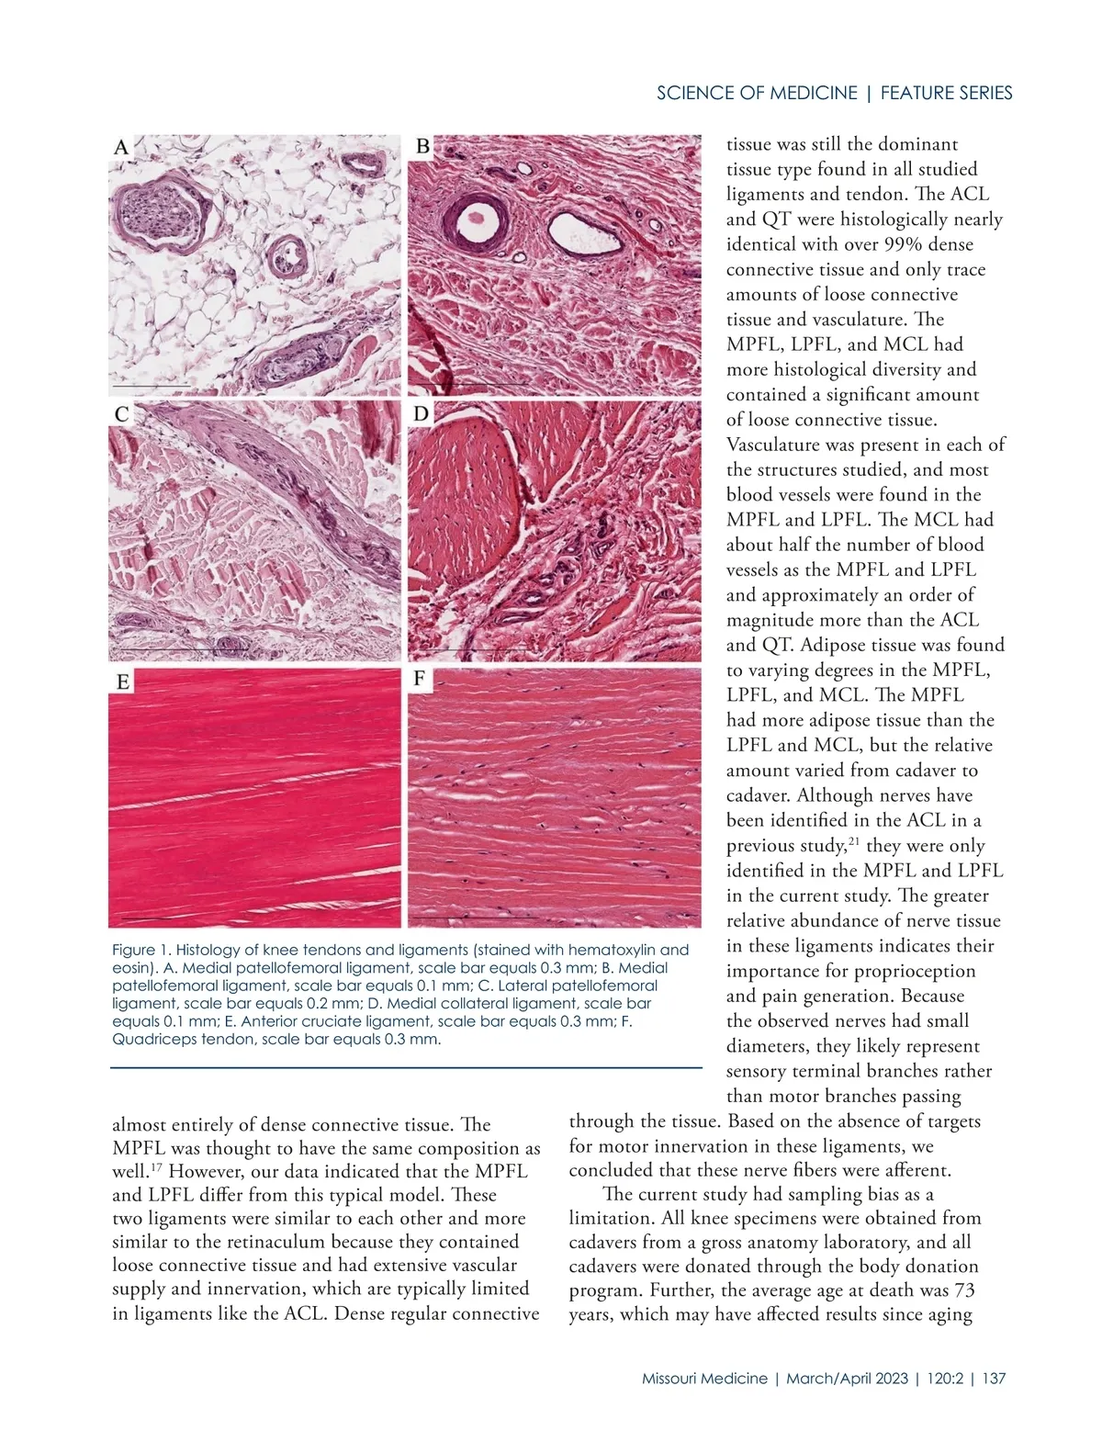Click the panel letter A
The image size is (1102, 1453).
[121, 147]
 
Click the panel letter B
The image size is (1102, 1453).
[422, 146]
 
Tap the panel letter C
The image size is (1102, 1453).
[121, 414]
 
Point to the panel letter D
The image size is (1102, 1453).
[421, 414]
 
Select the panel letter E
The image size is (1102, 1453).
[122, 681]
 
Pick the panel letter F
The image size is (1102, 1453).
[420, 679]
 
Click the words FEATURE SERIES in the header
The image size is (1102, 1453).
[946, 93]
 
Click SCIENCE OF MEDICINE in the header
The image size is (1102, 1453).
[757, 93]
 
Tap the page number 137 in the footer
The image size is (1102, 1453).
[994, 1379]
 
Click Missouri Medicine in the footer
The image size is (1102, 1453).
[704, 1379]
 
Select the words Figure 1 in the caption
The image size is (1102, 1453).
[140, 950]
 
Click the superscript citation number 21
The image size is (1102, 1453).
[853, 840]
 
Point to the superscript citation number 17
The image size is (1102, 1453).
[158, 1166]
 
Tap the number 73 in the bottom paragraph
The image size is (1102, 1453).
[963, 1290]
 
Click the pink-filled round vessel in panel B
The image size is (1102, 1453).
[475, 218]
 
